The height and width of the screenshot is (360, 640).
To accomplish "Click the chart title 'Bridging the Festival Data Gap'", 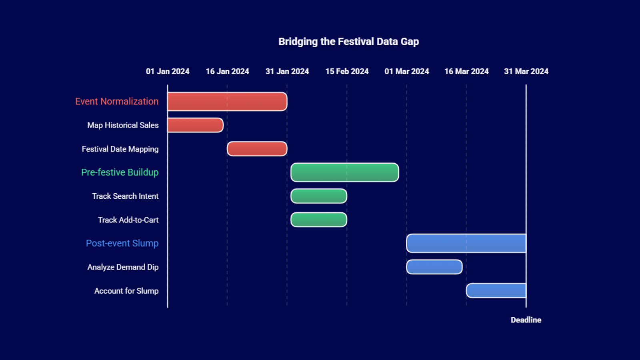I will point(348,42).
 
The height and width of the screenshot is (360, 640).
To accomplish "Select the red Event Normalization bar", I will point(227,102).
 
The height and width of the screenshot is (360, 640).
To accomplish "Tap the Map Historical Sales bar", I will point(195,125).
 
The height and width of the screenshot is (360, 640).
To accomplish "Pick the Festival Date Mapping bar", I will point(257,149).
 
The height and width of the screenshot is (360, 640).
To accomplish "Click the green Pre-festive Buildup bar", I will point(344,172).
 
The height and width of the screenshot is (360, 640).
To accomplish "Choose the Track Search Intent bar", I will point(318,196).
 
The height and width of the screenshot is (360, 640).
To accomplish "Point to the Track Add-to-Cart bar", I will point(318,220).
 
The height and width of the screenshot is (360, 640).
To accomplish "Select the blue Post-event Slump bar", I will point(466,243).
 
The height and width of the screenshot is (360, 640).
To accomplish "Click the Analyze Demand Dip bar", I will point(434,267).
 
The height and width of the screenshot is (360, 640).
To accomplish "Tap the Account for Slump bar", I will point(496,290).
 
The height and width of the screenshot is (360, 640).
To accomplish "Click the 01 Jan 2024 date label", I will point(168,72).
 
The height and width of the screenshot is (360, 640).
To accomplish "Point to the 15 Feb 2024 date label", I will point(347,72).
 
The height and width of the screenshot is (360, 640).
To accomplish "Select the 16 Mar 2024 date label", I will point(466,72).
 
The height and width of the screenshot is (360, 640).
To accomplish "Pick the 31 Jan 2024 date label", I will point(287,72).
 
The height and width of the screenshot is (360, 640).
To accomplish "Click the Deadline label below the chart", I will point(526,320).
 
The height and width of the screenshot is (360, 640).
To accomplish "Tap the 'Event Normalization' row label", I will point(117,102).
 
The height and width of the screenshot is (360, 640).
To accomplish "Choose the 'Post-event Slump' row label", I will point(122,243).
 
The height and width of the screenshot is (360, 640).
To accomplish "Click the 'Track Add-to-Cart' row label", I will point(128,220).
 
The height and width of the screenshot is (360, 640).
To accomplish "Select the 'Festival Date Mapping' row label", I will point(120,149).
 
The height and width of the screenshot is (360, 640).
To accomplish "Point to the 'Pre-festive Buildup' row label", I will point(120,172).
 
